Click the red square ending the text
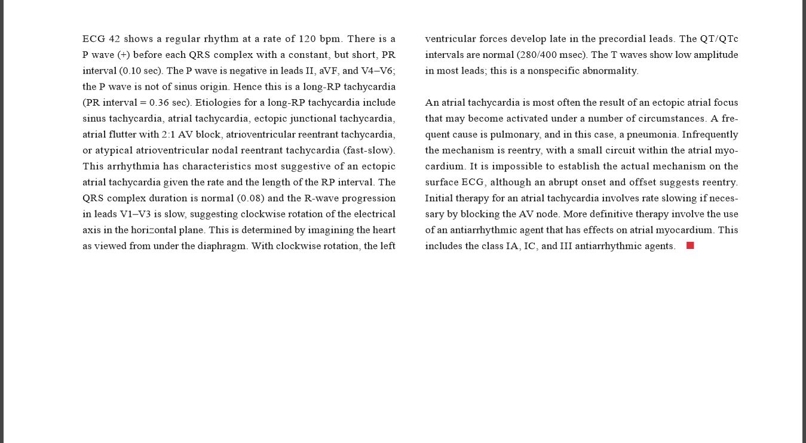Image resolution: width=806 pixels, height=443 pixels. click(x=690, y=245)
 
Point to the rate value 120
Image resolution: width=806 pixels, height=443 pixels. click(x=307, y=39)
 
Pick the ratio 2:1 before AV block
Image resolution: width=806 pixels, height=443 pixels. click(x=168, y=134)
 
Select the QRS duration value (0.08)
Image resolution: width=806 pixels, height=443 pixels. click(x=251, y=198)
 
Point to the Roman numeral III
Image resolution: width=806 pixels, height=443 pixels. click(x=566, y=246)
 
